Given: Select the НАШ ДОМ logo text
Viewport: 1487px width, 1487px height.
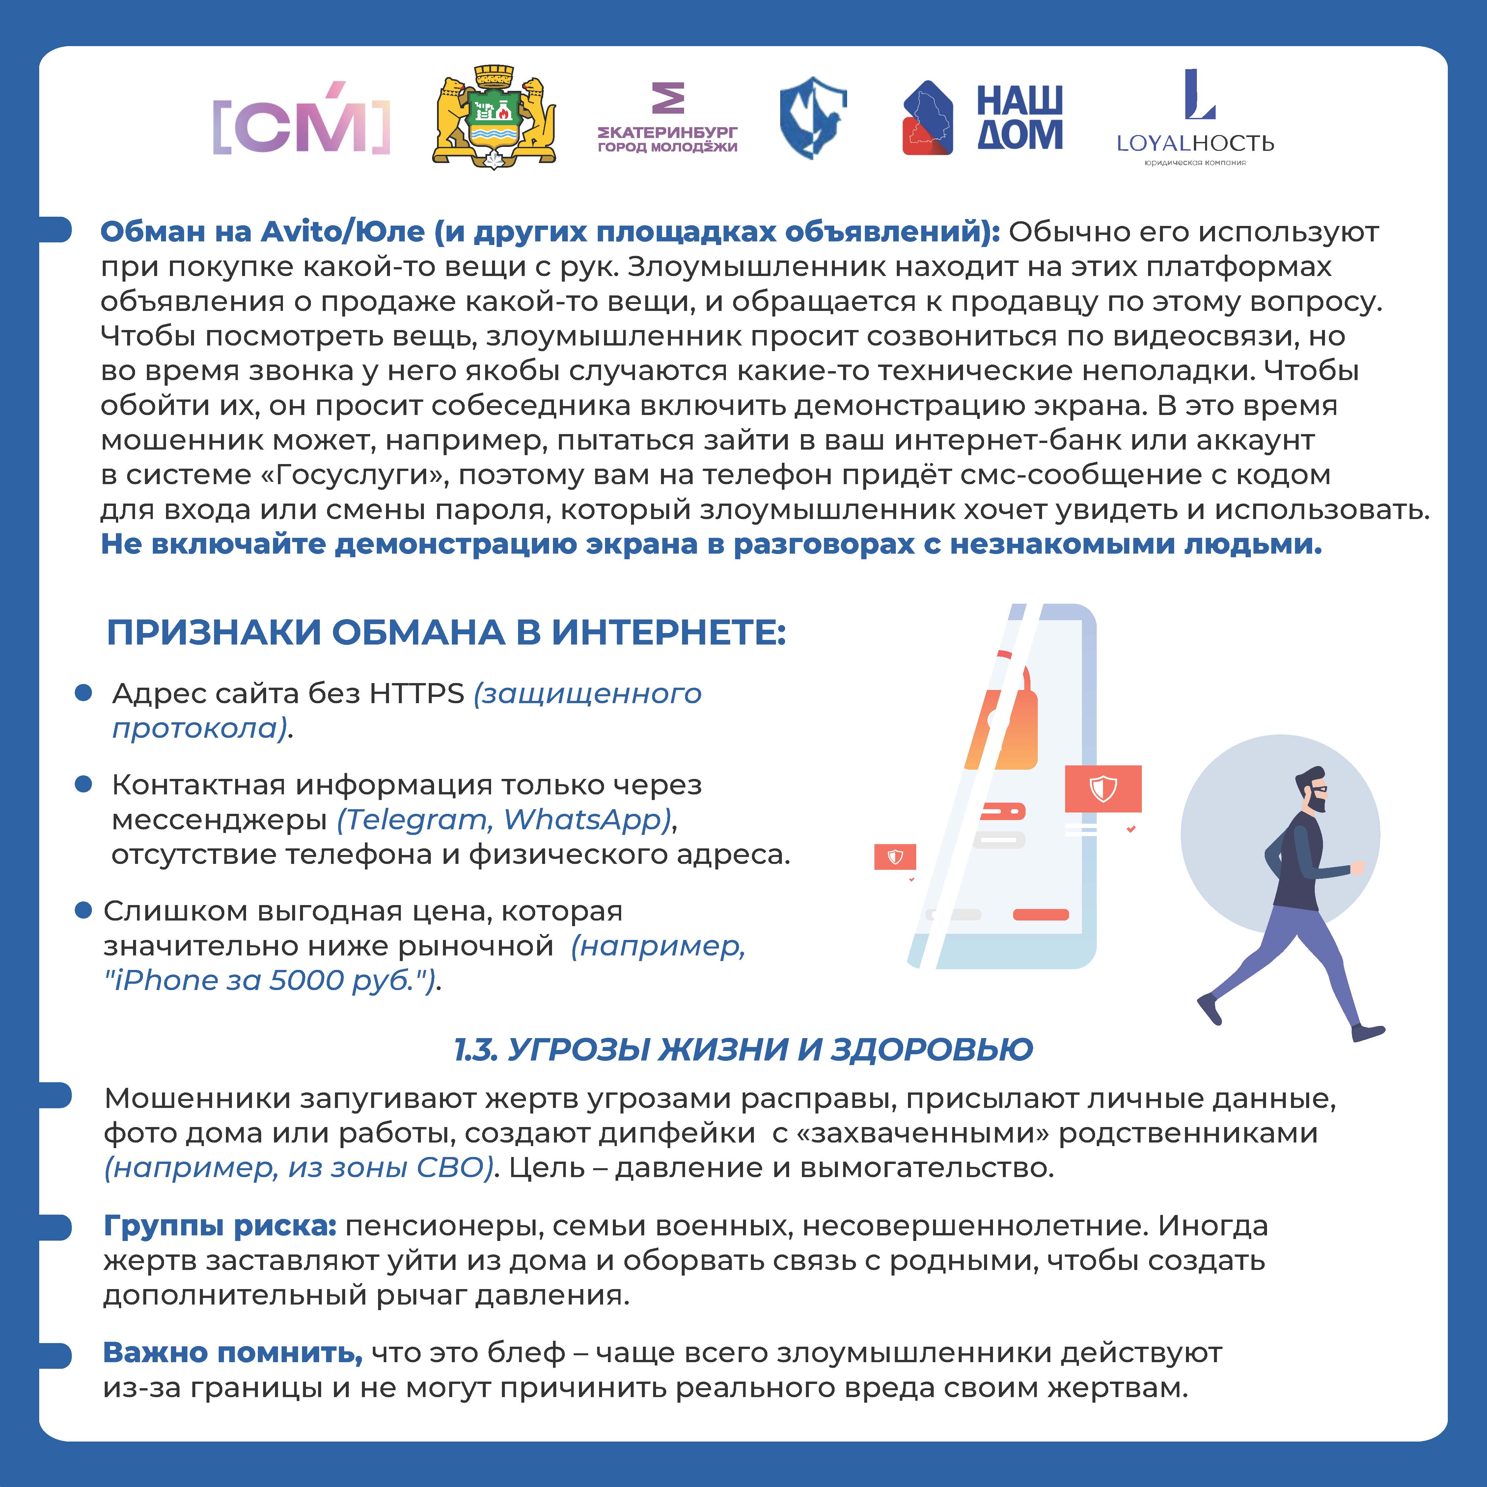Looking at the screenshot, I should coord(1020,118).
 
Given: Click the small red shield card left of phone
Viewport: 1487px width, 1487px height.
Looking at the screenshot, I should coord(895,857).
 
